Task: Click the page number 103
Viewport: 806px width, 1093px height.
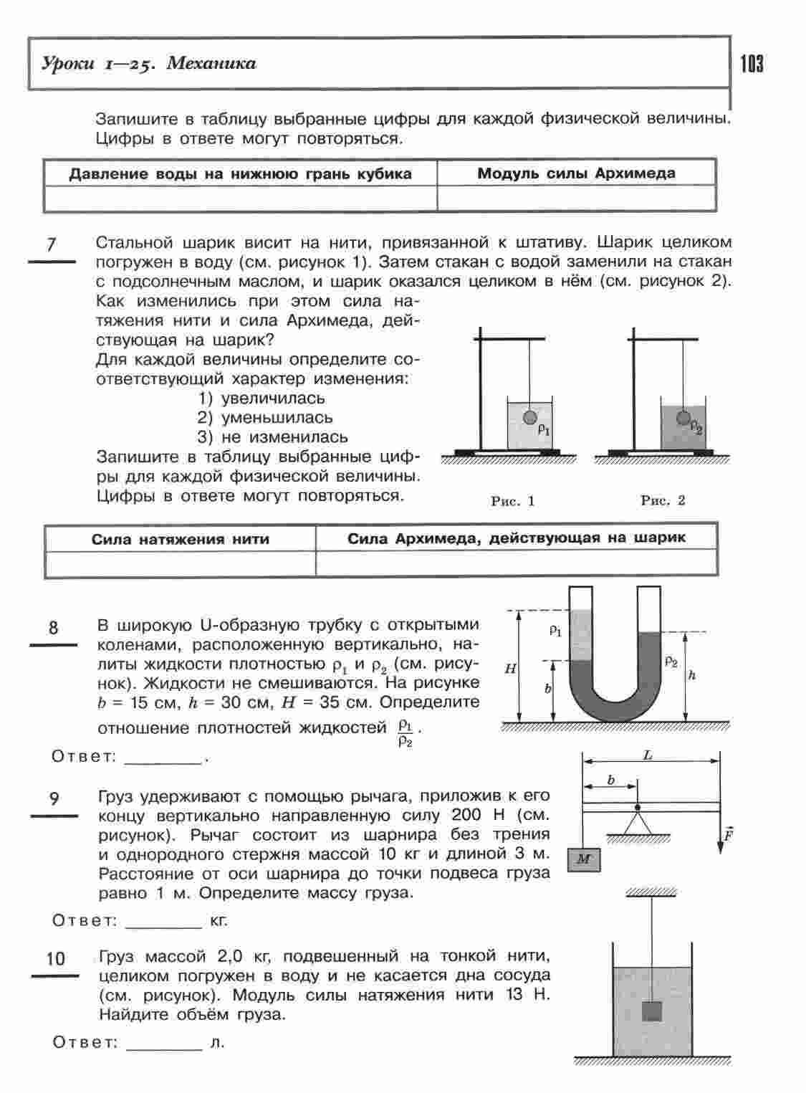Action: click(752, 65)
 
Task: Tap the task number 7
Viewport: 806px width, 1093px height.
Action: click(51, 244)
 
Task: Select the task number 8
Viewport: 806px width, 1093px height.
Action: click(54, 628)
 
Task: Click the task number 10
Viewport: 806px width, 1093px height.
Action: click(55, 958)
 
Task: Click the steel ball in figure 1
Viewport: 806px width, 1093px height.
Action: click(529, 417)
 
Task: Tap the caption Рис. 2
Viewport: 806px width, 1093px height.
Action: click(663, 500)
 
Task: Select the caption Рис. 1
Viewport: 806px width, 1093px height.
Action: click(513, 501)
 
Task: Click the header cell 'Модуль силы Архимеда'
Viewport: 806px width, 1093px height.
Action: click(576, 173)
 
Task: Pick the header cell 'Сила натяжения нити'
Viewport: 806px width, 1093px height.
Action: click(180, 539)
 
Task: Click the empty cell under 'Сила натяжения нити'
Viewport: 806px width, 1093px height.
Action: click(180, 563)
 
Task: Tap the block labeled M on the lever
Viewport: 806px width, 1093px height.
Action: click(584, 859)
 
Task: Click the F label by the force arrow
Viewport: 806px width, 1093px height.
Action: click(728, 834)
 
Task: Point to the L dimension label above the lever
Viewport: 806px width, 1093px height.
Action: click(648, 755)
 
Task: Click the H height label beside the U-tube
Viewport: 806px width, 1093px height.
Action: click(510, 669)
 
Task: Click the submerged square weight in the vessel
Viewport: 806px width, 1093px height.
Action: click(651, 1011)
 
